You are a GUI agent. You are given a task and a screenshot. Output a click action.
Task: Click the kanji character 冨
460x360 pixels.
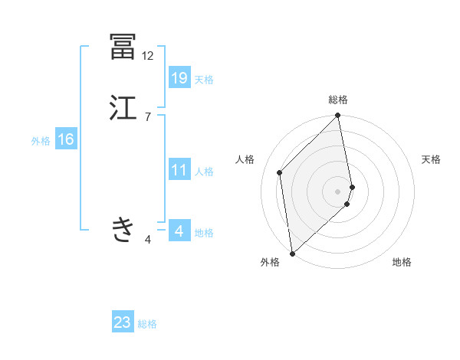(123, 46)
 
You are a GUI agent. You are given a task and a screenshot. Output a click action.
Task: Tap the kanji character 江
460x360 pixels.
(123, 107)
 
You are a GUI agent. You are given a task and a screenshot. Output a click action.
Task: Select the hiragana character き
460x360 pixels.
(123, 228)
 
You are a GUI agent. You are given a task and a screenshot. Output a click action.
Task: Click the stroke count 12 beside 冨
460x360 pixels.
(147, 56)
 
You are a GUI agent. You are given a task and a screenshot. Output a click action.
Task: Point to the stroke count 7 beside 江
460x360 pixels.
(147, 117)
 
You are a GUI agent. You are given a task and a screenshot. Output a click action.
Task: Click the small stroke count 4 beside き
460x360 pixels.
(148, 240)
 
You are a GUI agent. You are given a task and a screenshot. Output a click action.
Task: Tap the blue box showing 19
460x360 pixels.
(179, 78)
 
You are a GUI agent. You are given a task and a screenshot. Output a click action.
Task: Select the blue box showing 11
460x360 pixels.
(179, 170)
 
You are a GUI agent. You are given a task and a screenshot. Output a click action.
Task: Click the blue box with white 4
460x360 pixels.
(179, 231)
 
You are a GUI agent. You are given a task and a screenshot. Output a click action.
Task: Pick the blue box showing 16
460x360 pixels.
(65, 139)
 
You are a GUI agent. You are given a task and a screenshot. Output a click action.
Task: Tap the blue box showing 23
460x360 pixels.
(123, 323)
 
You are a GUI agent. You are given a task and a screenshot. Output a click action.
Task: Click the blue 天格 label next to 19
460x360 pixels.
(204, 80)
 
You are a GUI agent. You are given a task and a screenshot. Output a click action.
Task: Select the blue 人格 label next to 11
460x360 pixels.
(204, 172)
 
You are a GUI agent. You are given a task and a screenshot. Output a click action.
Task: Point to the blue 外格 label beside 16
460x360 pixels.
(41, 141)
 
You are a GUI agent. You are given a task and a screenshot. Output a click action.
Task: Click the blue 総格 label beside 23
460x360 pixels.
(148, 325)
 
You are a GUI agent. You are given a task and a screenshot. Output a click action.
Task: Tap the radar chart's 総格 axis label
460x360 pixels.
(338, 100)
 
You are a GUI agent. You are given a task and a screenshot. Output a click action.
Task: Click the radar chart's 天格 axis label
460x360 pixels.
(432, 159)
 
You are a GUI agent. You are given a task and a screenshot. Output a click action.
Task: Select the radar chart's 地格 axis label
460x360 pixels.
(402, 262)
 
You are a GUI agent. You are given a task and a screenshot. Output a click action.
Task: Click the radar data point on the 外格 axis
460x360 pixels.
(292, 254)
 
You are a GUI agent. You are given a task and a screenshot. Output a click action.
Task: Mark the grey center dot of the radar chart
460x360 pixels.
(338, 191)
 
